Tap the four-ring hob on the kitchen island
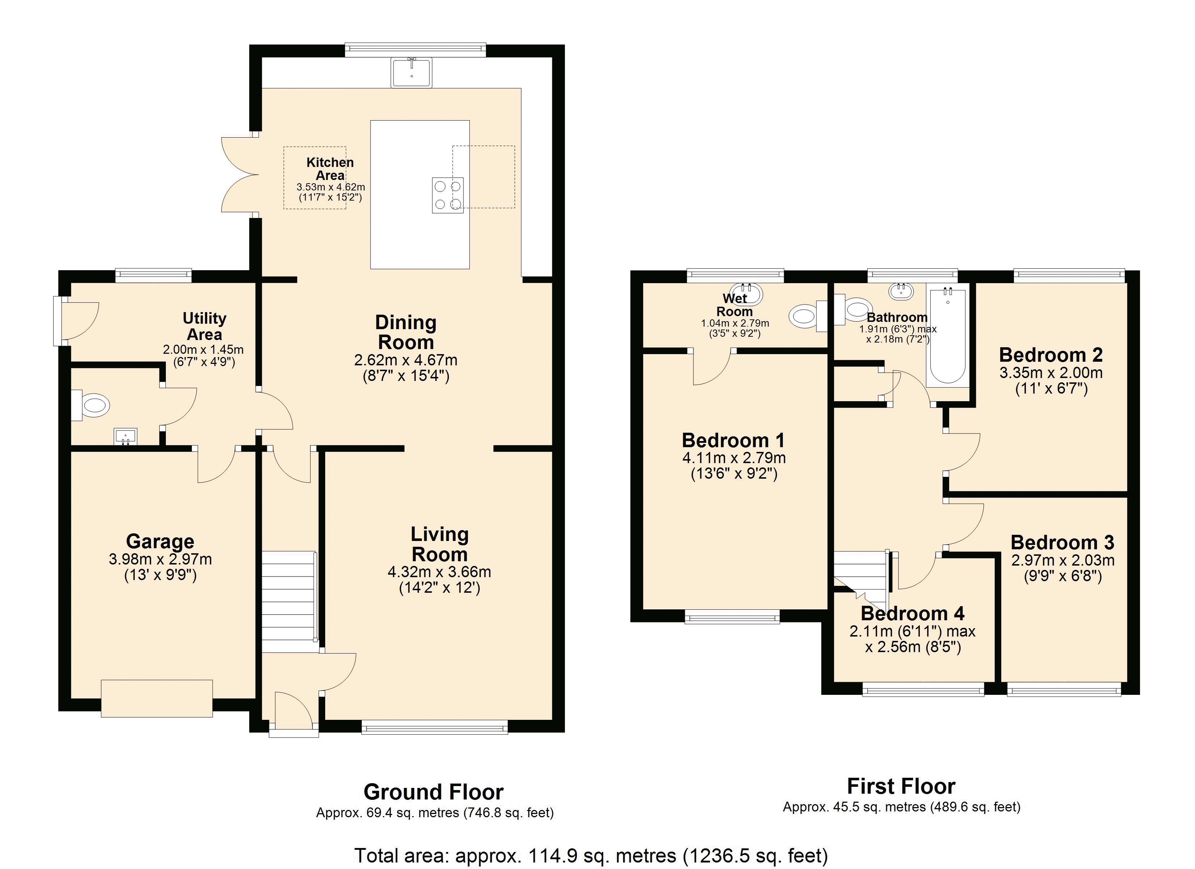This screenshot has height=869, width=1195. pos(447,195)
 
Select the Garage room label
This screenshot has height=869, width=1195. pos(160,541)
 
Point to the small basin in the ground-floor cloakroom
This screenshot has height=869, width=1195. pos(125,436)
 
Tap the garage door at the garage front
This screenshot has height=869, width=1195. pos(157,698)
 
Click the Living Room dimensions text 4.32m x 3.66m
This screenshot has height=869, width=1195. pos(439,572)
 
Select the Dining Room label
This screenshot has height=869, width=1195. pos(406,332)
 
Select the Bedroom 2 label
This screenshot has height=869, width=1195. pos(1051,355)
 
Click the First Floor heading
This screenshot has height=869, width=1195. pos(901,786)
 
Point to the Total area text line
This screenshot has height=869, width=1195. pos(591,855)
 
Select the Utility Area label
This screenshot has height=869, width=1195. pos(205,326)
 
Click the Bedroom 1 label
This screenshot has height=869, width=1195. pos(733,440)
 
